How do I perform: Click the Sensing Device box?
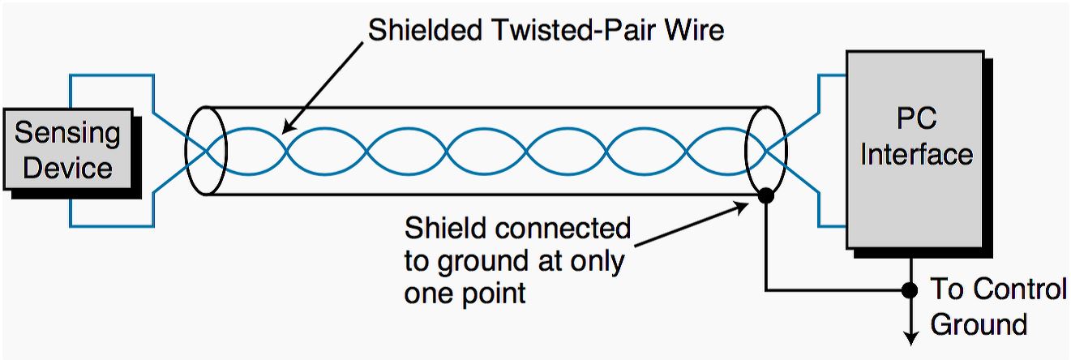point(68,149)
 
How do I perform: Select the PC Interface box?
point(915,150)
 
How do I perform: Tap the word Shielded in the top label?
point(425,30)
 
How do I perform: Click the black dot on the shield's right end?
point(765,195)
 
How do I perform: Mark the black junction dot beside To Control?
point(910,289)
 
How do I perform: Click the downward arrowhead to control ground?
point(910,337)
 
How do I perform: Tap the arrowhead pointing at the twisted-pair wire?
point(289,125)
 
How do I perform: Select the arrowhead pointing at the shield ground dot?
point(740,208)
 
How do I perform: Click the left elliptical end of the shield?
point(206,151)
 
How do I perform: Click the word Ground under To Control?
point(979,324)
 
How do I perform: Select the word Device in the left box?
point(67,168)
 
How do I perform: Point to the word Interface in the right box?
point(916,154)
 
